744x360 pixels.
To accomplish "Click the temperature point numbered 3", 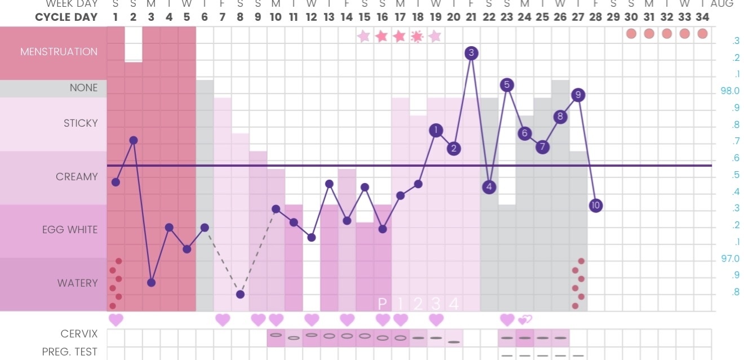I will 472,53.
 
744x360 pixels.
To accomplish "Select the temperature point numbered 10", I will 596,205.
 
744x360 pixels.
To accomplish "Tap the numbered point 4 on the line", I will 489,186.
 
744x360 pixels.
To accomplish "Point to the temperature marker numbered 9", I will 578,95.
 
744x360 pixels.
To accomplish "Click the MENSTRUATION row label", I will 59,52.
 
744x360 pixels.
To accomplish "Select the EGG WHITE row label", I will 69,230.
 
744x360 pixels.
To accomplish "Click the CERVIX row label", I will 79,334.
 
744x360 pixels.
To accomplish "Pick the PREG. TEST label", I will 69,352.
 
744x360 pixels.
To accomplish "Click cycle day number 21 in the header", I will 471,17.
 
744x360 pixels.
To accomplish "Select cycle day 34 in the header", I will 702,17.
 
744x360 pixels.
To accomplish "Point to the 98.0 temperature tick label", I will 730,91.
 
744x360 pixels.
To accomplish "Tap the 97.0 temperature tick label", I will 730,259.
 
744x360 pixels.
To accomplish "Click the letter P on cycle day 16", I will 382,304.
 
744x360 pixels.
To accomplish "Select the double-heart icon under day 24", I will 525,320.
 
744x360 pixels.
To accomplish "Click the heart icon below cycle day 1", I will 116,320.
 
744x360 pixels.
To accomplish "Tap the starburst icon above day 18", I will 417,37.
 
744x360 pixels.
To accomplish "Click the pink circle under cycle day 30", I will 631,33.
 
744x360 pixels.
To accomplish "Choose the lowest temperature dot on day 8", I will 240,294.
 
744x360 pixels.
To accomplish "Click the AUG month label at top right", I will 722,4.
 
